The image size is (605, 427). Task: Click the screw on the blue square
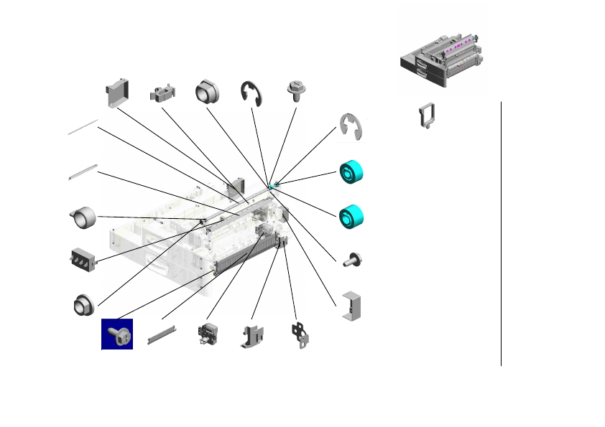[x=117, y=334]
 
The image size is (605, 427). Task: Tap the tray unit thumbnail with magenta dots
[x=442, y=61]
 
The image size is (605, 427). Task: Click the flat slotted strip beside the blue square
[x=162, y=334]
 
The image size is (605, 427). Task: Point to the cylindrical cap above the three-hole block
[x=83, y=215]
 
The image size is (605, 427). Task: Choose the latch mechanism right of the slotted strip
[x=207, y=335]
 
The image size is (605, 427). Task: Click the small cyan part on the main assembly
[x=272, y=186]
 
